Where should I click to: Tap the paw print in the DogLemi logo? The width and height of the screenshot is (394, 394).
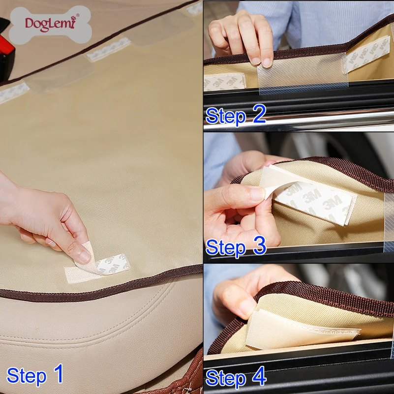coord(73,18)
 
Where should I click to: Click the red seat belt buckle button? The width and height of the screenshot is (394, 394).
coord(5,45)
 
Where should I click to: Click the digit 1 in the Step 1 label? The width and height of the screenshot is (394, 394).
coord(59,373)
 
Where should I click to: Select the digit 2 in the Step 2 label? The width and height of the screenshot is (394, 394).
coord(259,114)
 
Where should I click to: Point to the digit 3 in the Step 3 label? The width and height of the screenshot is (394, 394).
coord(260,245)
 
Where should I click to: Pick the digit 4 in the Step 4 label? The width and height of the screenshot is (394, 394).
coord(259,376)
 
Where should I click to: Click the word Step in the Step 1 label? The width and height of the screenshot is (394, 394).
coord(27,376)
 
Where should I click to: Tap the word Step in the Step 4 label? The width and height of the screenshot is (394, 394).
coord(225,378)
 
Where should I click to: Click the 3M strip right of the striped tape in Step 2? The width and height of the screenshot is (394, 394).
coord(367,54)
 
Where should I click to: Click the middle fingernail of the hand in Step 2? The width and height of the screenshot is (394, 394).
coord(267,63)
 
